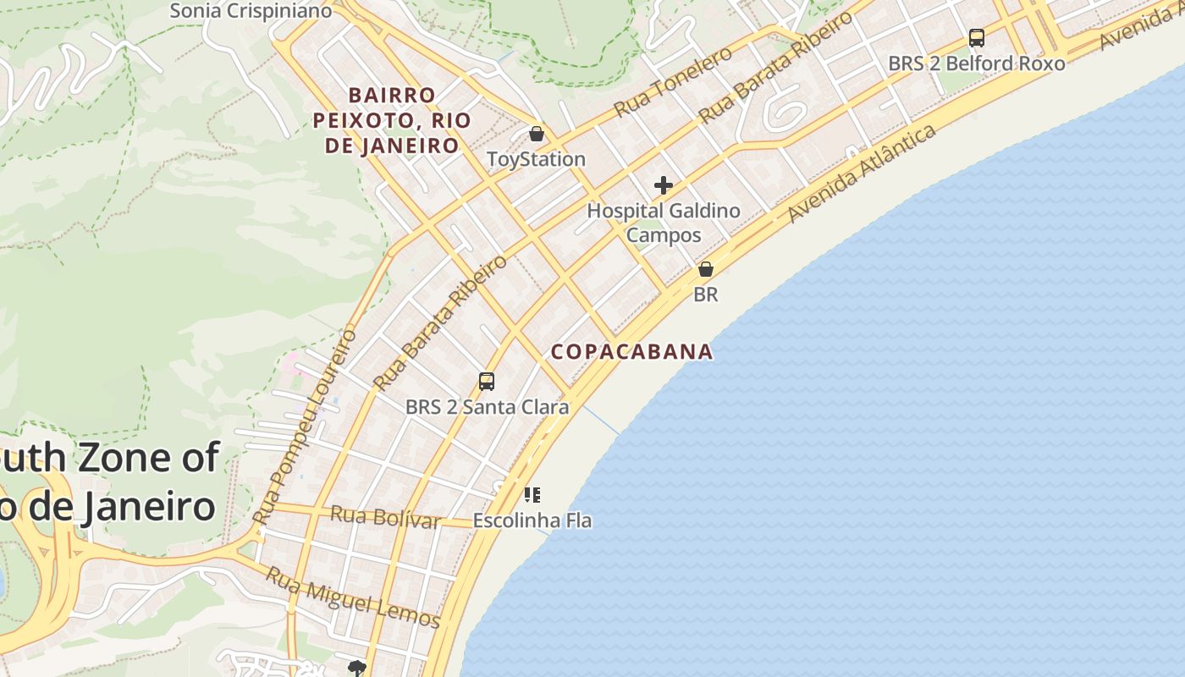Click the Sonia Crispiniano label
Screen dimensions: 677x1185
(x=250, y=11)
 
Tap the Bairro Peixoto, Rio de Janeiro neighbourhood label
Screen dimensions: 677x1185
(x=391, y=120)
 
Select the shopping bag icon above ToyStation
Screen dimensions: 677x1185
(x=536, y=134)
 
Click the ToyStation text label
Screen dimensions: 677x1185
(x=536, y=159)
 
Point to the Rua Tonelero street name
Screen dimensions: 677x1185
(x=673, y=82)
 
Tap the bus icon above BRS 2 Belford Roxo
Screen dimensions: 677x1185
(x=976, y=38)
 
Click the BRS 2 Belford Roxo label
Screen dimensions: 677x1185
(x=976, y=63)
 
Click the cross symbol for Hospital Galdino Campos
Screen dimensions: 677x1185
(x=664, y=185)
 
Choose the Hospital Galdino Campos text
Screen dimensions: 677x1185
(x=664, y=223)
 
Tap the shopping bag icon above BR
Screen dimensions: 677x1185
(x=705, y=269)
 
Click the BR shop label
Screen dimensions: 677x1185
(x=705, y=294)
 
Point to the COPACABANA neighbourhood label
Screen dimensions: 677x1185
(x=631, y=351)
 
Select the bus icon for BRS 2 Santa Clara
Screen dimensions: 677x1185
(x=486, y=382)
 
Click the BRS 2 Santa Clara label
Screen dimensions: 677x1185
(x=487, y=407)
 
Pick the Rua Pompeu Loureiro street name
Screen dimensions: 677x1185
(x=306, y=427)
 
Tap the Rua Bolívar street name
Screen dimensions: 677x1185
(x=385, y=516)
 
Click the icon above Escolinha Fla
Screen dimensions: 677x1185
(x=532, y=495)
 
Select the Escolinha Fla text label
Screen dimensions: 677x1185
(x=532, y=520)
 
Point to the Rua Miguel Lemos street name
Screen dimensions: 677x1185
(x=354, y=597)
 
